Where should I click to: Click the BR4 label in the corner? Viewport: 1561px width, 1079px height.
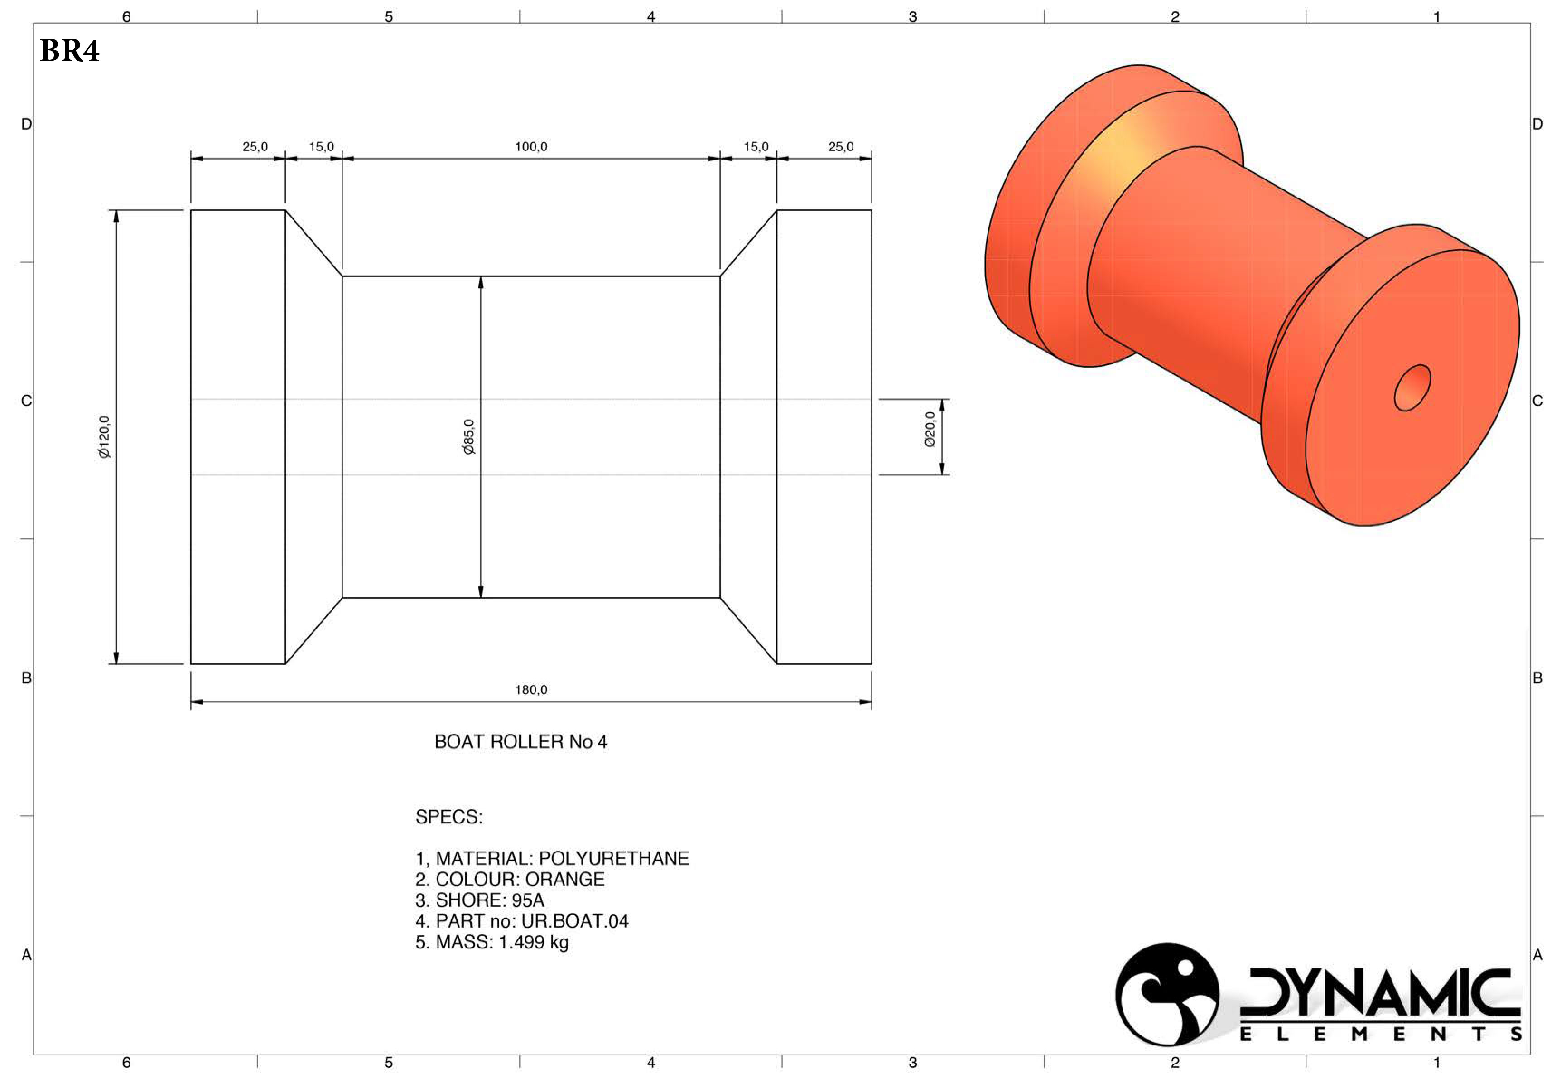70,51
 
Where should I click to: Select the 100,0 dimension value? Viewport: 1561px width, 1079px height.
531,147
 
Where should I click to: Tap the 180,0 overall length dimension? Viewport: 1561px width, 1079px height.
531,690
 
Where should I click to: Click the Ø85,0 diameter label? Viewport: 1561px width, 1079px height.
469,437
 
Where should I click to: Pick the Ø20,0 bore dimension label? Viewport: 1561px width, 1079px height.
930,429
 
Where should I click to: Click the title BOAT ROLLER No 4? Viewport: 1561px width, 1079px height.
520,742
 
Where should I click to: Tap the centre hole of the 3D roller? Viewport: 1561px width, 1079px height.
1412,388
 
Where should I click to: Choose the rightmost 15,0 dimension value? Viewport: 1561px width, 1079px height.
756,147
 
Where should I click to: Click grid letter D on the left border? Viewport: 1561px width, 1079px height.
26,124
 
